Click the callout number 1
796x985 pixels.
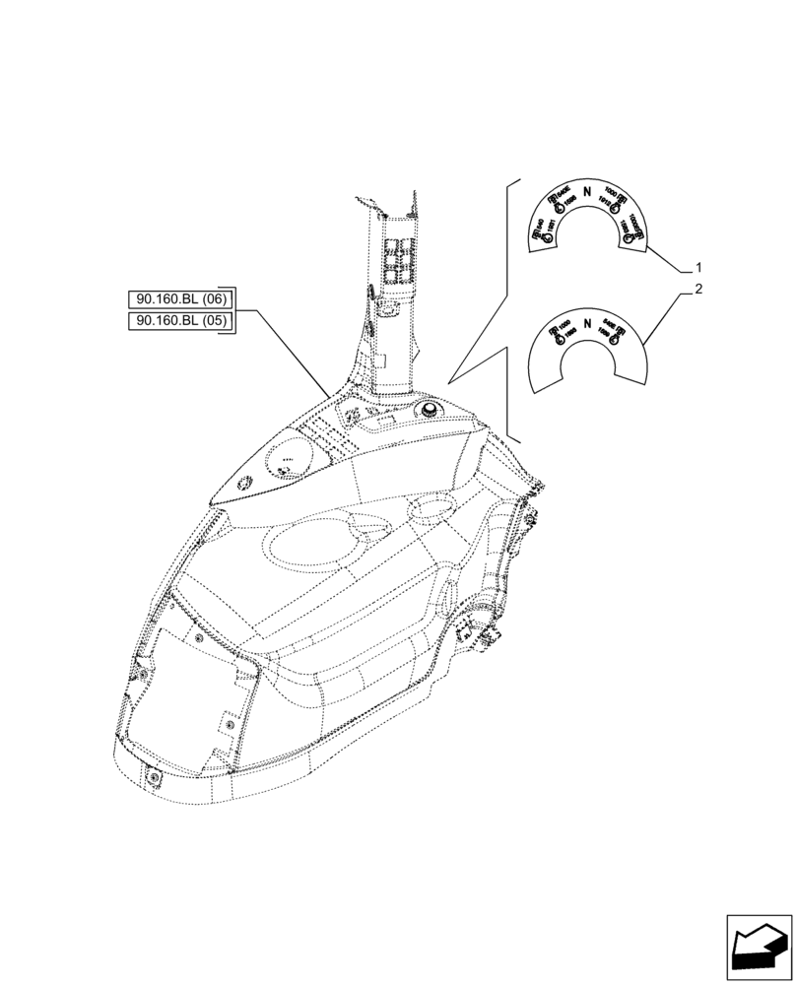click(697, 267)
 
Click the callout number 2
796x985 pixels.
click(697, 290)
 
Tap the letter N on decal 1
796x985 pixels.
click(587, 192)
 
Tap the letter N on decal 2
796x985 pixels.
click(587, 323)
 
